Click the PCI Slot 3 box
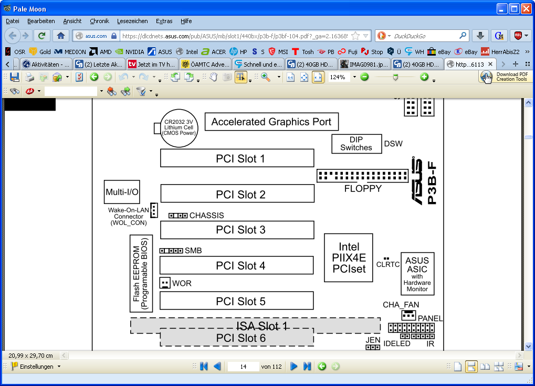(x=237, y=230)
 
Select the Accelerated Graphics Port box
(x=271, y=122)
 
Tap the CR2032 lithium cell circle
(x=179, y=128)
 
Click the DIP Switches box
(x=356, y=144)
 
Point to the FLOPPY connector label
(x=363, y=188)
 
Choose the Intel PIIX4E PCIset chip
(x=348, y=258)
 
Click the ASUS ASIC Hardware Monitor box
(x=417, y=274)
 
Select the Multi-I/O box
(x=122, y=192)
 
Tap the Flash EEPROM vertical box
(x=141, y=273)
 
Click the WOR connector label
(x=182, y=283)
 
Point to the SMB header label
(x=193, y=251)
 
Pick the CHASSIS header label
(x=206, y=216)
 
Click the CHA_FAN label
(x=401, y=305)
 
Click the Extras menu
(x=164, y=21)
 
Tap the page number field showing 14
(x=243, y=367)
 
